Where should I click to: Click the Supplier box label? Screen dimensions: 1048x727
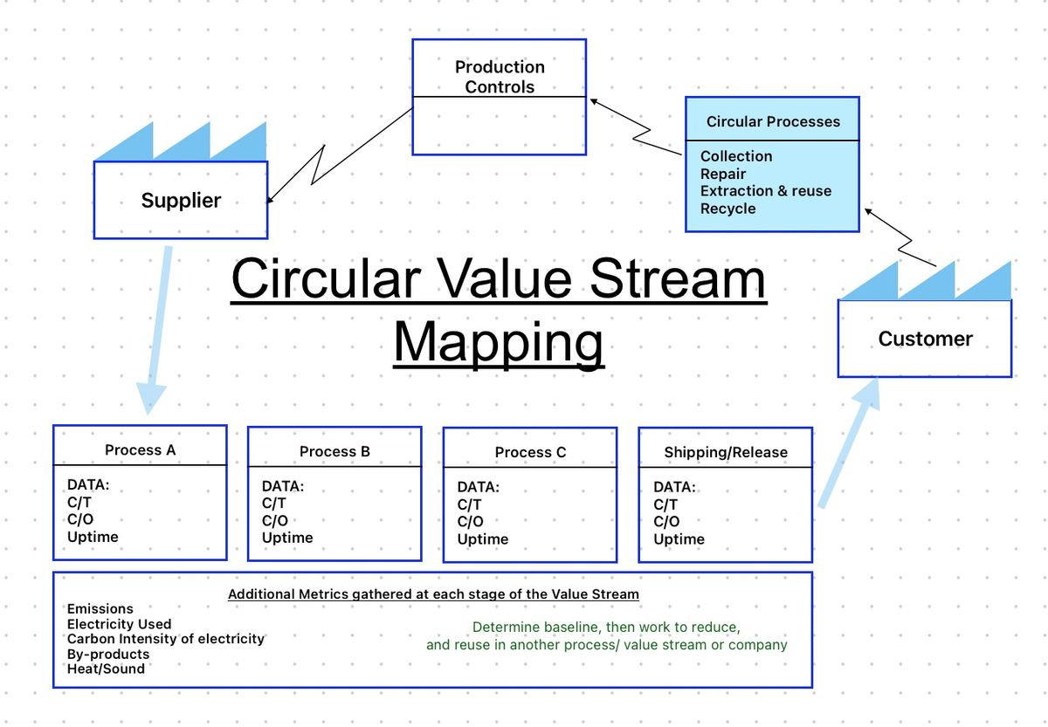[181, 201]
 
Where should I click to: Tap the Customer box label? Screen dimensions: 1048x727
[926, 339]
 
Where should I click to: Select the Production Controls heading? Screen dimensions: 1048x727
[500, 77]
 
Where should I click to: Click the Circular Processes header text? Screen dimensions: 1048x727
[773, 121]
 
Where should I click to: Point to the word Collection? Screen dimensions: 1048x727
[736, 156]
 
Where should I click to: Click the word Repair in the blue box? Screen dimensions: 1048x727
[723, 174]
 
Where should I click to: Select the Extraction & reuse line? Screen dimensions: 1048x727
[766, 191]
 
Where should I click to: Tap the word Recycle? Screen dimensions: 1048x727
[728, 209]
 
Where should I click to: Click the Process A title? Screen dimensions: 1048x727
[140, 449]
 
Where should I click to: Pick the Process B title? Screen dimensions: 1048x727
[334, 451]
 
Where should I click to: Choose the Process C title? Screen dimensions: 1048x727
[530, 452]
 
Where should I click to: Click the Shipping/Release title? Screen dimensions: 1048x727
[726, 452]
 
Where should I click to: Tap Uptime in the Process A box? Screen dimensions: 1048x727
[93, 537]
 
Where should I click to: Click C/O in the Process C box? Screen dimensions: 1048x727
[470, 521]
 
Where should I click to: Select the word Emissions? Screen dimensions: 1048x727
[100, 608]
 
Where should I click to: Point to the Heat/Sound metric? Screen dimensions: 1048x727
[106, 669]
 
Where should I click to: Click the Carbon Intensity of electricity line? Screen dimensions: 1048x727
[166, 639]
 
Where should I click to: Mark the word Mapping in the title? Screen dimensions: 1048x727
[499, 343]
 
